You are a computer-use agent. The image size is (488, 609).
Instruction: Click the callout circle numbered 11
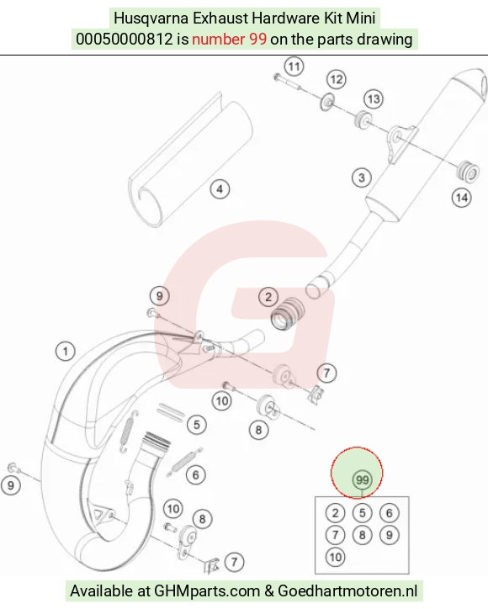click(x=294, y=66)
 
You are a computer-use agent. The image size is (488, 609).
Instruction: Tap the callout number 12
click(x=336, y=80)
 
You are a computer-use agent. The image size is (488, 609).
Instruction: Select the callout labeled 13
click(x=374, y=99)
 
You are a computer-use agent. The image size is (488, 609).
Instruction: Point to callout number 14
click(x=462, y=198)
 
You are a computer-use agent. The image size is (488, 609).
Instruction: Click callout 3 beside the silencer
click(x=361, y=177)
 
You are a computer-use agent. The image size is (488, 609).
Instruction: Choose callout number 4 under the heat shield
click(x=220, y=189)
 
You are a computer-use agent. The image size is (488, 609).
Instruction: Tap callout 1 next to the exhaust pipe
click(x=66, y=352)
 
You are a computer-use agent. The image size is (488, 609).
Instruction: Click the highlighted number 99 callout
click(x=362, y=480)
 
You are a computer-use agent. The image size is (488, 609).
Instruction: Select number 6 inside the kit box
click(x=389, y=513)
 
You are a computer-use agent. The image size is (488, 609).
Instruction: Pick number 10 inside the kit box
click(x=336, y=558)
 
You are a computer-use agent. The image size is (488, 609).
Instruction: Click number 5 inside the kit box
click(x=362, y=513)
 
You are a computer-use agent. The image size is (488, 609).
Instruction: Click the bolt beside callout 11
click(x=287, y=82)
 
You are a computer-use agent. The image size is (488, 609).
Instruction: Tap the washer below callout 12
click(x=328, y=102)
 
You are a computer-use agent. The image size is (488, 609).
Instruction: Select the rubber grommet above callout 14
click(x=466, y=172)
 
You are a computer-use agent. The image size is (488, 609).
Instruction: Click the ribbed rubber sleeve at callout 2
click(x=289, y=314)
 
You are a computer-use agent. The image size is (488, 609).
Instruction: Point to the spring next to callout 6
click(x=184, y=462)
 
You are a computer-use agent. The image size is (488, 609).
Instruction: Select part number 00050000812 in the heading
click(x=124, y=40)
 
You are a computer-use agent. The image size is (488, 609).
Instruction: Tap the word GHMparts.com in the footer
click(x=207, y=591)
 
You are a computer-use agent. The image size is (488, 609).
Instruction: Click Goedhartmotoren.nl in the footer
click(x=347, y=590)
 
